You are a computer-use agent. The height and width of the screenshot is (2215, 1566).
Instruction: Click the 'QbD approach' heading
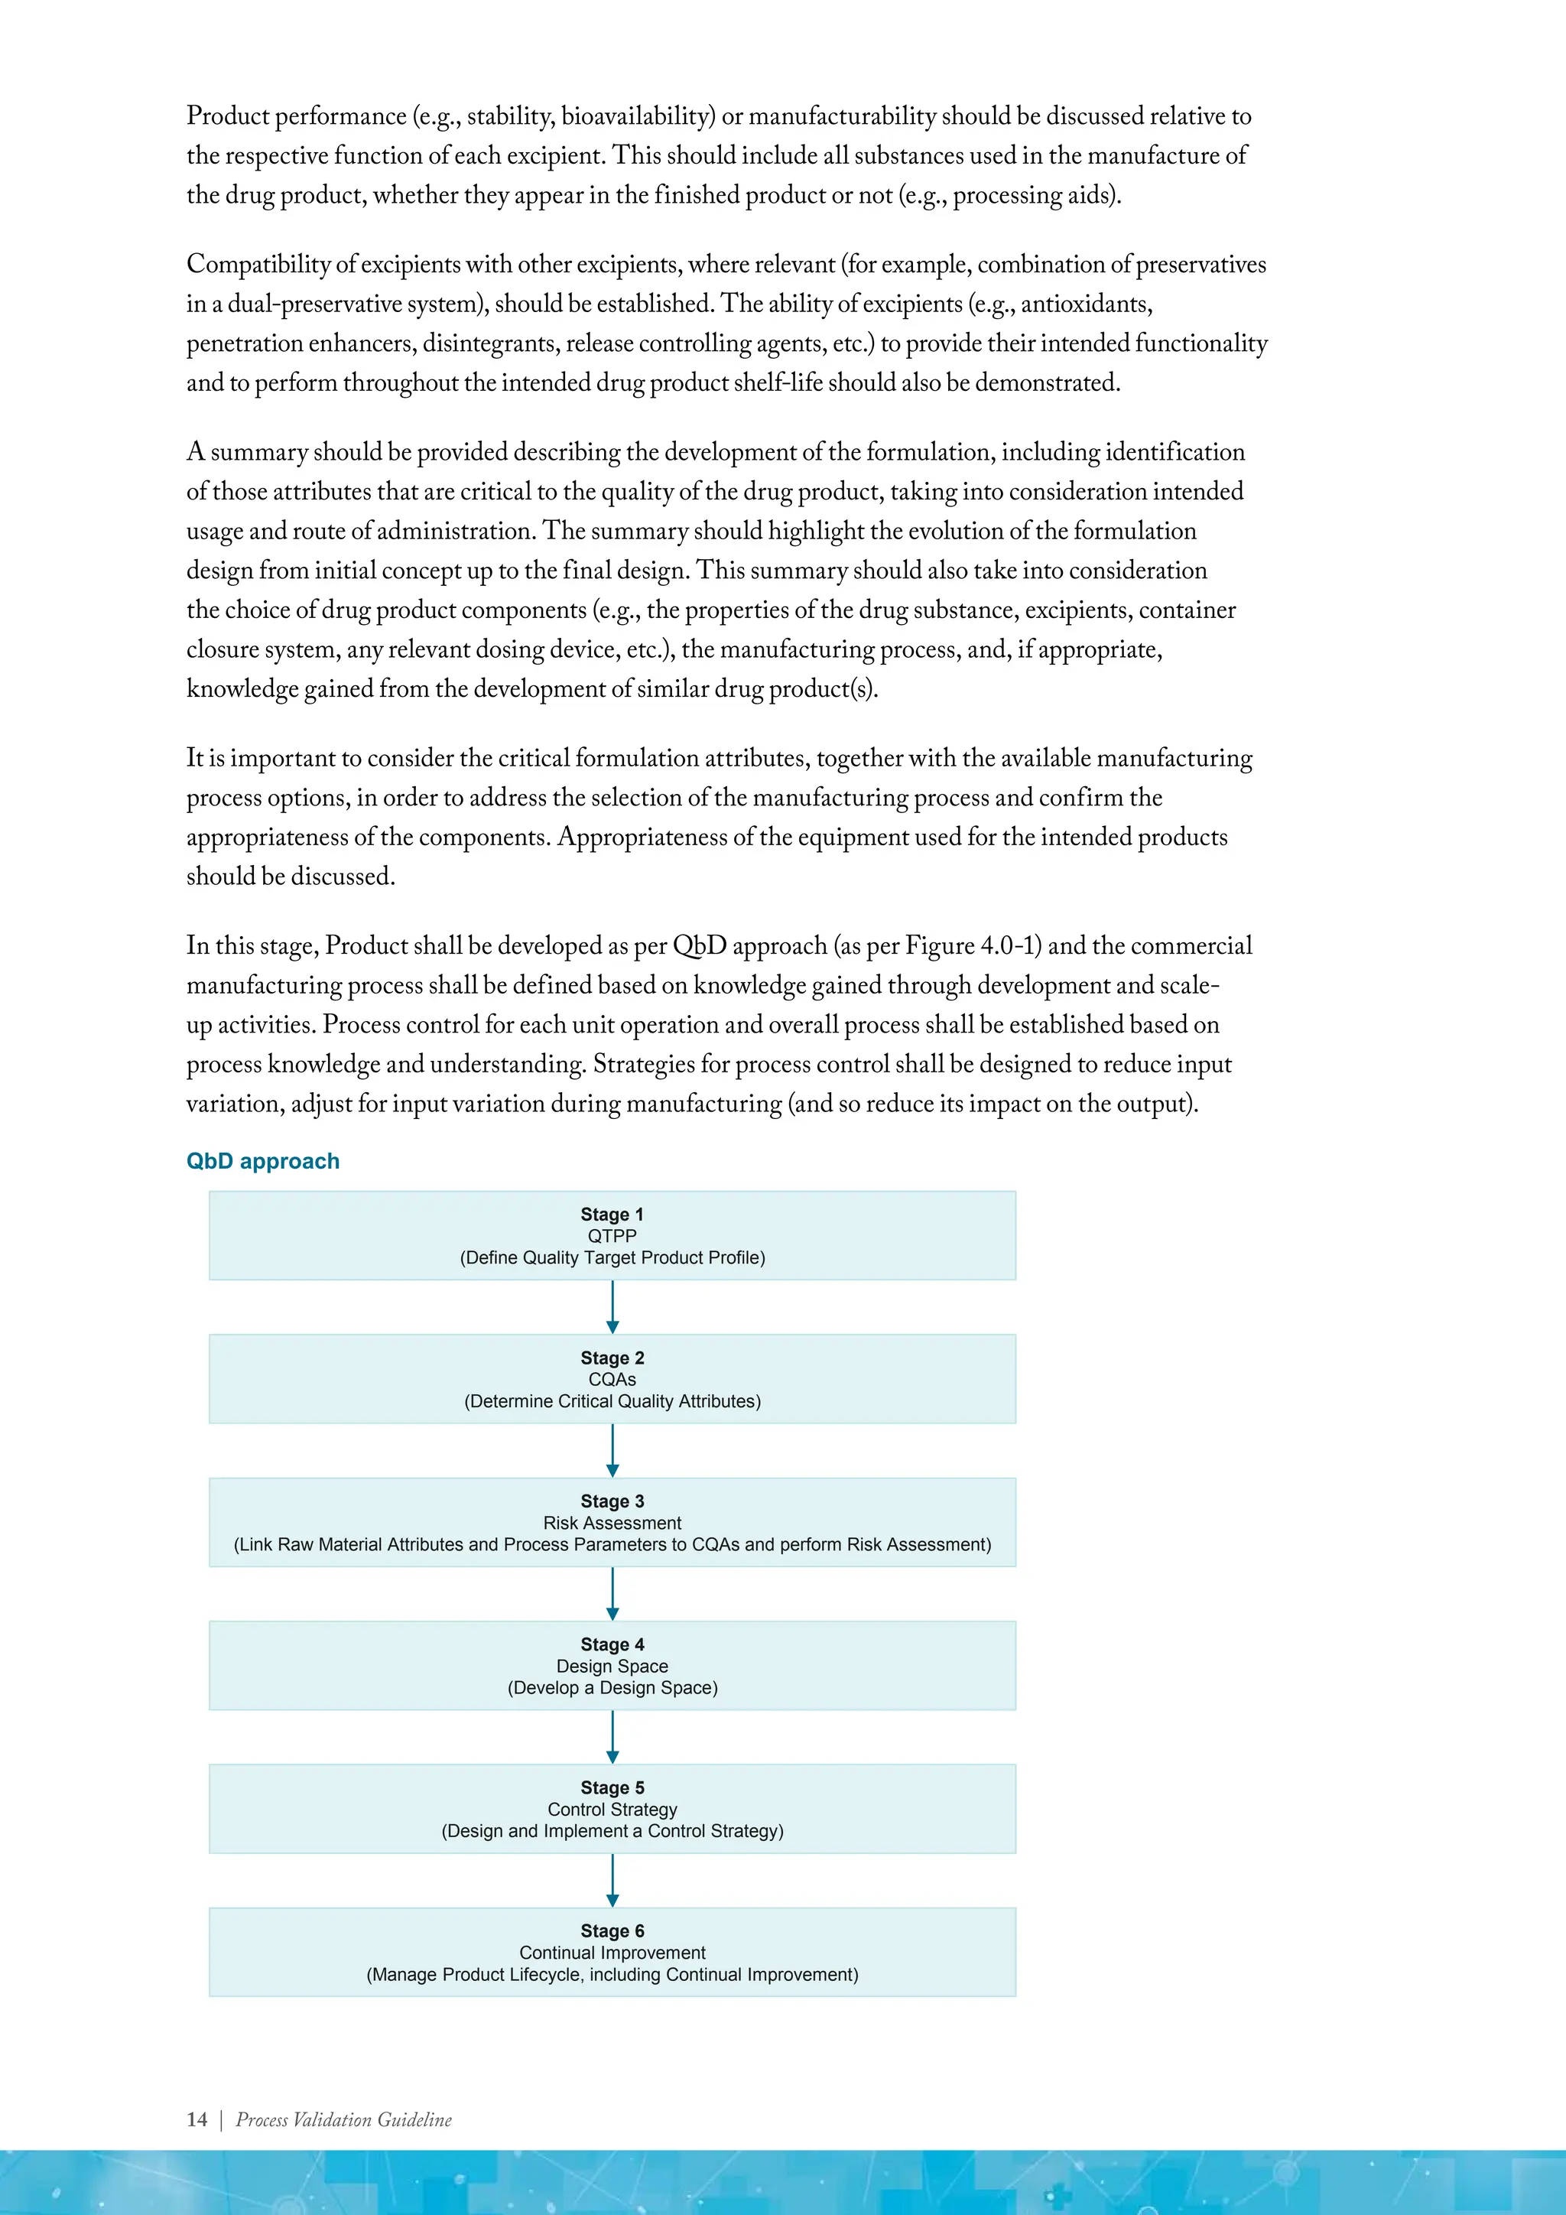click(262, 1160)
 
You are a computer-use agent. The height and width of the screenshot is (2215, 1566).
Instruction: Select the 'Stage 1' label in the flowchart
click(612, 1215)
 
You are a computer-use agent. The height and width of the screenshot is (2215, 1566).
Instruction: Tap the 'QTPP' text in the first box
click(612, 1236)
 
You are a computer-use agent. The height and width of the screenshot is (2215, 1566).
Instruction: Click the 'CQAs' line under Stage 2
click(612, 1380)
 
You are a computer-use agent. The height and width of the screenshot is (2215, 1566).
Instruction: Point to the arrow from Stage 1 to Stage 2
click(612, 1307)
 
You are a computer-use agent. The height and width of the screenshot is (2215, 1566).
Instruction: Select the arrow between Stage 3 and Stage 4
click(612, 1594)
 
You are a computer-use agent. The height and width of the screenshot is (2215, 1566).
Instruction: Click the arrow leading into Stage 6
click(612, 1880)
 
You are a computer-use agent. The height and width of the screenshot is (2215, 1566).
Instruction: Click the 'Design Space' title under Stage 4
click(612, 1666)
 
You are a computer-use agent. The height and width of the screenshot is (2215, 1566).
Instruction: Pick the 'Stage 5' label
click(612, 1787)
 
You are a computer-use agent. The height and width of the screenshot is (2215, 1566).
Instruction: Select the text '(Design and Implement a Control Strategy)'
click(612, 1831)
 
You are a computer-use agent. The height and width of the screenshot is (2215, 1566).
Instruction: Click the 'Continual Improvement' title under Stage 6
click(612, 1953)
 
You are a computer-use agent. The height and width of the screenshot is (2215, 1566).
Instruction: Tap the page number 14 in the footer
click(197, 2119)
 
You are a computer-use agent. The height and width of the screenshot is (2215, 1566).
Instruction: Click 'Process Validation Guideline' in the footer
click(343, 2119)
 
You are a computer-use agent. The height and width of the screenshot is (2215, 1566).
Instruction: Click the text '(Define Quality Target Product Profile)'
click(612, 1258)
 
